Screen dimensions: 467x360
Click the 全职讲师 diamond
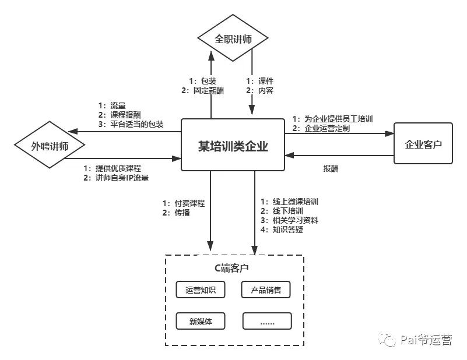233,38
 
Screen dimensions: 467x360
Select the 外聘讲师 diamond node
50,145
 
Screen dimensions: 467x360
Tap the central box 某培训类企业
233,145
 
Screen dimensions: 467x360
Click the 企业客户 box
423,143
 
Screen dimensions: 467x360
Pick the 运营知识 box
201,290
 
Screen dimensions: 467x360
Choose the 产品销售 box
266,290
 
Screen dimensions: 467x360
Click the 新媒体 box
201,321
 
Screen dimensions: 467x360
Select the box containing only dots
267,321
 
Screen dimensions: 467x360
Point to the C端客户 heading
231,268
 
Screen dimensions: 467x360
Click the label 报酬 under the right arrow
331,168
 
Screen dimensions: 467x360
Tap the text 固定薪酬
209,90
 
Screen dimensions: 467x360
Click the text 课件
266,81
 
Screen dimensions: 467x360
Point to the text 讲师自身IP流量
122,178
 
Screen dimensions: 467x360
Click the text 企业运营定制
327,128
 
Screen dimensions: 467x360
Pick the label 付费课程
189,203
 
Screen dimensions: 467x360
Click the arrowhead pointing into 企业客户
389,133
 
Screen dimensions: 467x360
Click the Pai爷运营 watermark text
426,340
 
